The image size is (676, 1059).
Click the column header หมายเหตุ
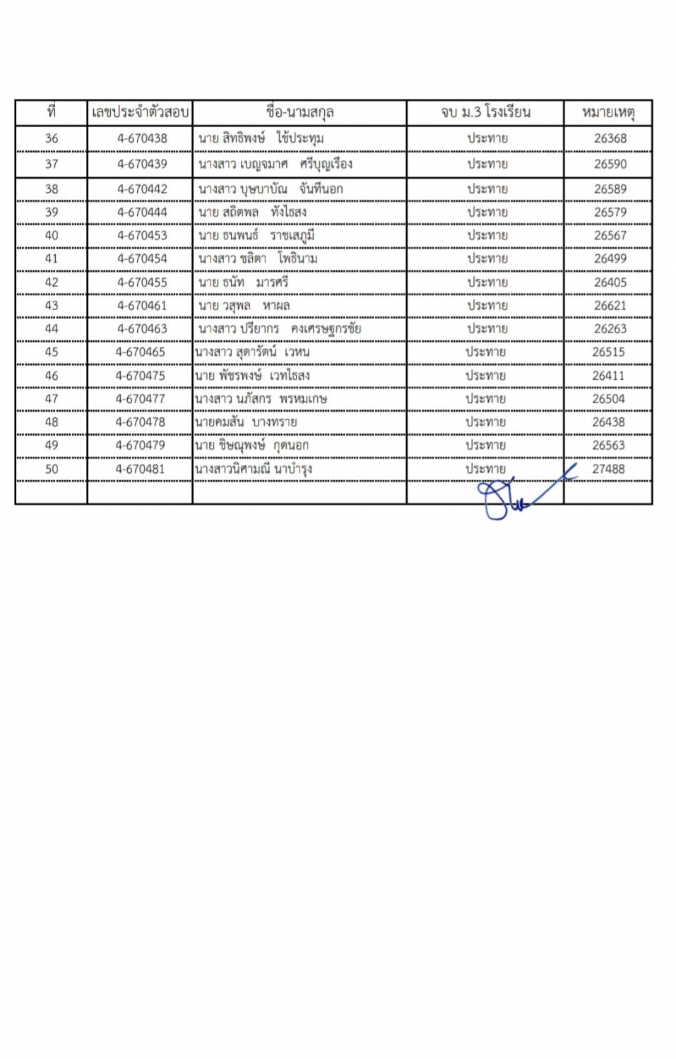click(x=608, y=112)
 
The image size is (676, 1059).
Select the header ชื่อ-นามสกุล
click(x=300, y=112)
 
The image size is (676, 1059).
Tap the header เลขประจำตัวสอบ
click(x=140, y=112)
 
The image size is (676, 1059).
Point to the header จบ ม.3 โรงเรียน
click(x=485, y=112)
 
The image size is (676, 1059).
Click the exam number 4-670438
click(x=142, y=138)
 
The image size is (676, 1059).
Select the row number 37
click(x=52, y=164)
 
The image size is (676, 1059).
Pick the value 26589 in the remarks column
click(x=610, y=189)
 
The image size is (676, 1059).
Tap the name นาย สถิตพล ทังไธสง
click(x=252, y=212)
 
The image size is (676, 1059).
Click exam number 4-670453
click(x=142, y=235)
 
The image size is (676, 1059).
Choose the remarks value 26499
click(x=610, y=258)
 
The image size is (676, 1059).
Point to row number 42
click(x=52, y=282)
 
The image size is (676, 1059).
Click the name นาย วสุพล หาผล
click(x=244, y=306)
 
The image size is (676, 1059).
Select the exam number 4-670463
click(x=142, y=328)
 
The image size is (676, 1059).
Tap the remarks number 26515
click(x=608, y=352)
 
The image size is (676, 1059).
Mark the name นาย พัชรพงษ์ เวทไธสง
click(x=252, y=376)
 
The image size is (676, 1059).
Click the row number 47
click(x=52, y=399)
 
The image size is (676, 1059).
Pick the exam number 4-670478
click(x=140, y=422)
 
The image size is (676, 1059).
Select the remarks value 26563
click(x=608, y=445)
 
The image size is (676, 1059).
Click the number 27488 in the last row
click(x=608, y=469)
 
